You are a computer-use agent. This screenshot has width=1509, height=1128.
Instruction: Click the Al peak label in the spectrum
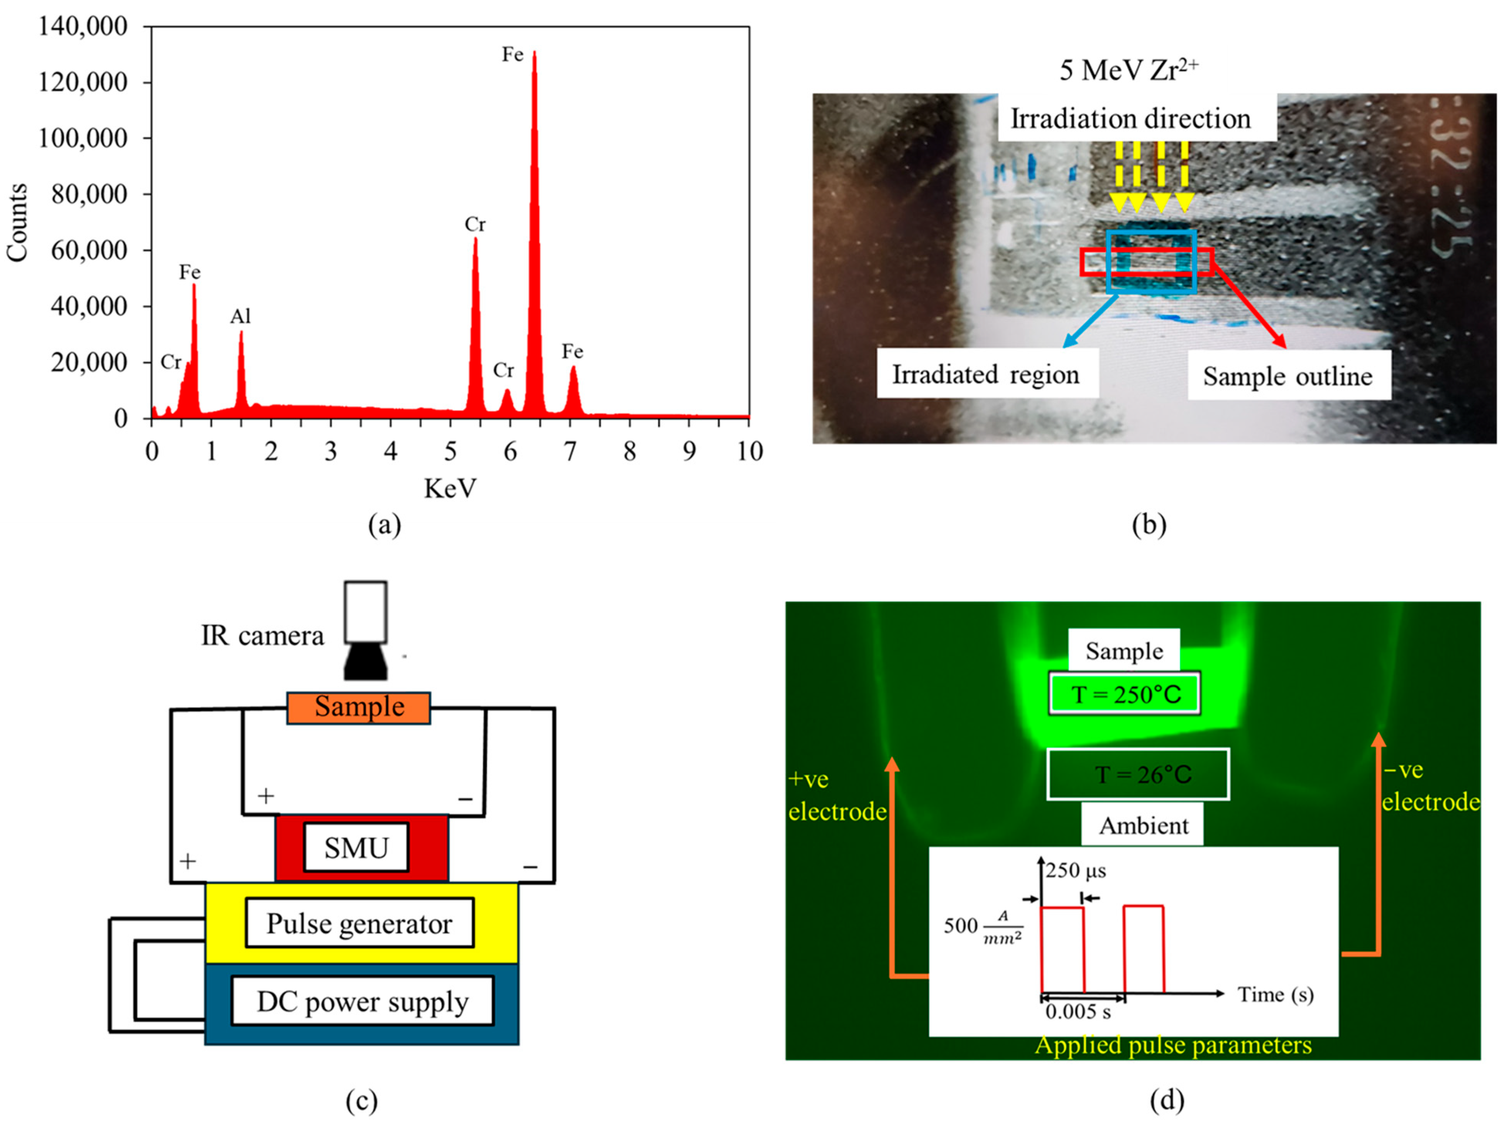[240, 316]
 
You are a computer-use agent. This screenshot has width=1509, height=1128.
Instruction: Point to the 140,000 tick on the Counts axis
[83, 27]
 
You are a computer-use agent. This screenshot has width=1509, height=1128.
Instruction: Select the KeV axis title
[450, 488]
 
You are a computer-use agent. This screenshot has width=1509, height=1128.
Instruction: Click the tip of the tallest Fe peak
[534, 52]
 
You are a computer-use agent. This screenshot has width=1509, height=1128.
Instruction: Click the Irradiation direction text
[1130, 119]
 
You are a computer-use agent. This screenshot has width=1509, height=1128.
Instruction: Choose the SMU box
[356, 848]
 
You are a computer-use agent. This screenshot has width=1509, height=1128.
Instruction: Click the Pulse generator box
[360, 924]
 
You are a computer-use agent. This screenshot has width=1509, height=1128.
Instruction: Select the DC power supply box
[362, 1001]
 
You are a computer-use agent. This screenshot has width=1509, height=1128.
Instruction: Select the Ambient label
[1144, 826]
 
